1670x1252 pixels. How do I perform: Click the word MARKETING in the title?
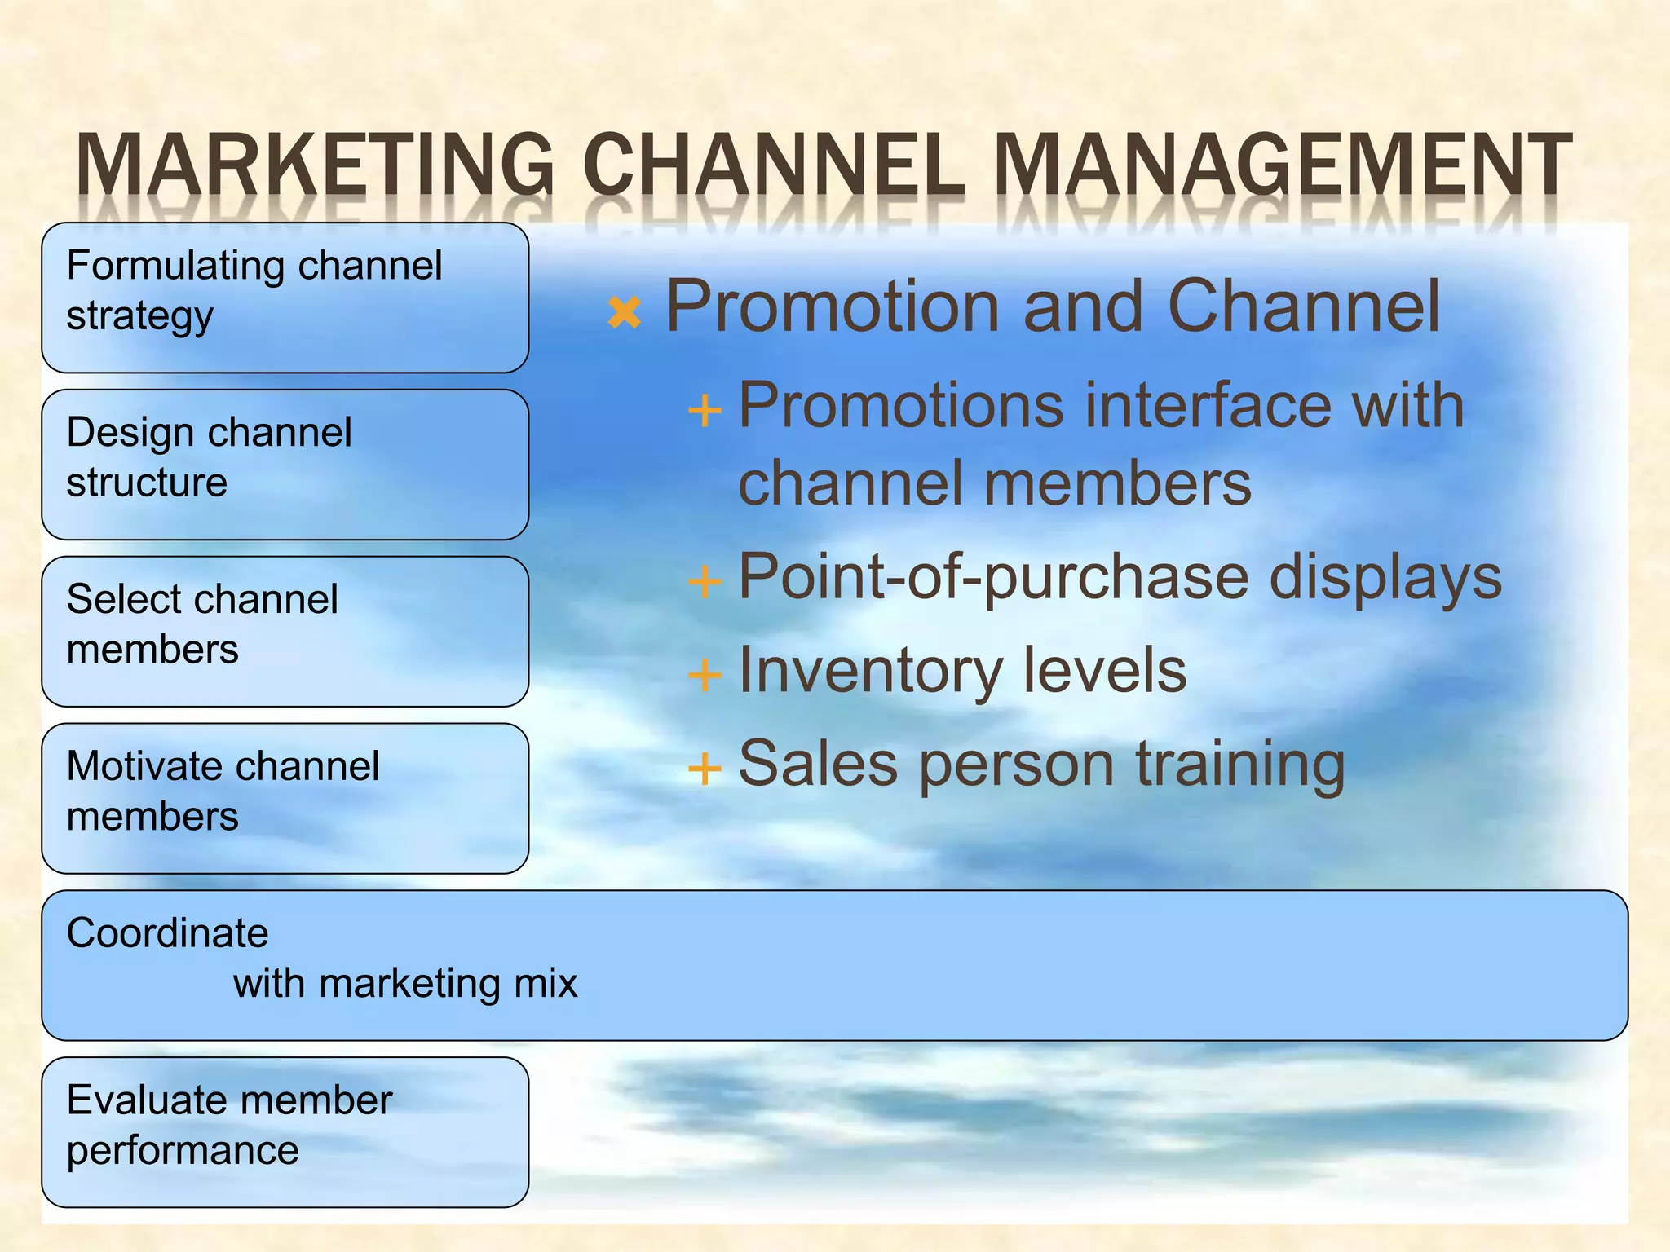[x=315, y=165]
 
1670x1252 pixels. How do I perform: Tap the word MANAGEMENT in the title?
[x=1282, y=165]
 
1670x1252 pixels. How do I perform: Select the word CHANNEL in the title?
[x=773, y=165]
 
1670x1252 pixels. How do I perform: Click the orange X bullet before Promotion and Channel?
[x=625, y=312]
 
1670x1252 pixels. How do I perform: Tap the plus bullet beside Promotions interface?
[x=705, y=410]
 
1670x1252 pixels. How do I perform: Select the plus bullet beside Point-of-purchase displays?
[x=705, y=582]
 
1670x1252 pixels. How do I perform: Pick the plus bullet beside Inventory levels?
[x=705, y=675]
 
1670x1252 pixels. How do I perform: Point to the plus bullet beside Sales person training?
[x=705, y=768]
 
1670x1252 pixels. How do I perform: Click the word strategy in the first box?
[x=139, y=317]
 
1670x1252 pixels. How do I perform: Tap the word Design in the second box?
[x=127, y=433]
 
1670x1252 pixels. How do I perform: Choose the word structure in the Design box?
[x=147, y=483]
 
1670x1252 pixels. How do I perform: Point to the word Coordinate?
[x=167, y=933]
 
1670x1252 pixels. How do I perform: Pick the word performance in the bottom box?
[x=183, y=1152]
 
